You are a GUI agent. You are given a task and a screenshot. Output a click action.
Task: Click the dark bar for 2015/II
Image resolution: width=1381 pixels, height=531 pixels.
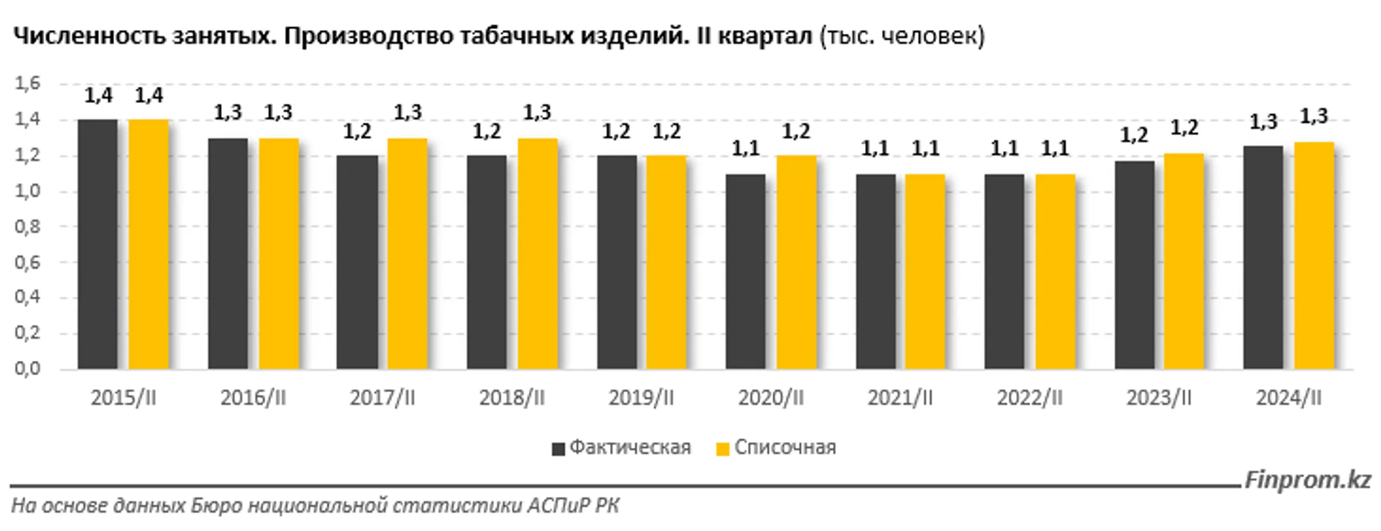click(98, 244)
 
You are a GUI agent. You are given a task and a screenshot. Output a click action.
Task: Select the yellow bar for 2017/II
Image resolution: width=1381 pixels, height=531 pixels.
click(407, 253)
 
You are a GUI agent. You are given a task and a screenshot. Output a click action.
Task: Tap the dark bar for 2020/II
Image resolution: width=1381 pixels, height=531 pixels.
click(745, 271)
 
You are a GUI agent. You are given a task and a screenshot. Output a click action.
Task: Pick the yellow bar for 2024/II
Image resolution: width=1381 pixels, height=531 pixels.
click(1314, 255)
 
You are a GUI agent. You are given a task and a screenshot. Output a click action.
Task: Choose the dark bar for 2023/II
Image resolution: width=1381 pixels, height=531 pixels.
click(1134, 265)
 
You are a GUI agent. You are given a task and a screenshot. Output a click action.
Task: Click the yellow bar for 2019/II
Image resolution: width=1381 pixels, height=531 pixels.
click(666, 262)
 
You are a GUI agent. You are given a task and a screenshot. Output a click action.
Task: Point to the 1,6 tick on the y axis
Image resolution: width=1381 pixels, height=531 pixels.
click(27, 83)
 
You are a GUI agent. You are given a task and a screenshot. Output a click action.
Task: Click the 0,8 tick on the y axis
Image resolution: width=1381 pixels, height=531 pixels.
click(27, 226)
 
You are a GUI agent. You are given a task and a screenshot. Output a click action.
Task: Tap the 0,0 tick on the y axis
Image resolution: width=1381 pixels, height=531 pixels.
click(27, 369)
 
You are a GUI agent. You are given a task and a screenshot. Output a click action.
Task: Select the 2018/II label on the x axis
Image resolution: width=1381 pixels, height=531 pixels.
click(511, 398)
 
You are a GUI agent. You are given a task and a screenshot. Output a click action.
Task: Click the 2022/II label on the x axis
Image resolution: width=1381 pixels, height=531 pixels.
click(1029, 398)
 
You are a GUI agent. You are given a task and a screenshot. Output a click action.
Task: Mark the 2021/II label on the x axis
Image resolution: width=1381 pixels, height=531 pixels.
click(900, 398)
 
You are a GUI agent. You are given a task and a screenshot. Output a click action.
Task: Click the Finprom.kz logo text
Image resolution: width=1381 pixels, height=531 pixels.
click(1307, 480)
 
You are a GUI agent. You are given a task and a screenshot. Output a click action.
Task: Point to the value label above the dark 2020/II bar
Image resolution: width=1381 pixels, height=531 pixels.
click(745, 149)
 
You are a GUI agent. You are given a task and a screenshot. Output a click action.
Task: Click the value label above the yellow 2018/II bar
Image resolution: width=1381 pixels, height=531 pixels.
click(537, 113)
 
